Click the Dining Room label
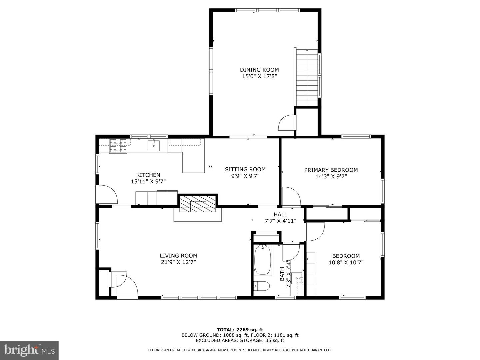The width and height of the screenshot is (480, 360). [x=259, y=70]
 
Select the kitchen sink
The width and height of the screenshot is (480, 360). [x=154, y=146]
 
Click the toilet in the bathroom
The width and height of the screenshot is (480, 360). [x=262, y=286]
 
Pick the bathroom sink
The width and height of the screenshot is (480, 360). [x=297, y=278]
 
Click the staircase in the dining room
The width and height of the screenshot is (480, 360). [x=307, y=77]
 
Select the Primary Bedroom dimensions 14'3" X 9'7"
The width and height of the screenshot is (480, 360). [x=331, y=176]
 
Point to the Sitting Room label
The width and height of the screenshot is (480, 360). [x=245, y=169]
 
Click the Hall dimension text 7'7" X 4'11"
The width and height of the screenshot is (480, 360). [x=280, y=221]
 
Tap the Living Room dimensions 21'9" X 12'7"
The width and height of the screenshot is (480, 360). [x=178, y=262]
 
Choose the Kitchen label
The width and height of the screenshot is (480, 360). [x=148, y=175]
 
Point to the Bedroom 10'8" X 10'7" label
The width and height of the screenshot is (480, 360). [x=346, y=259]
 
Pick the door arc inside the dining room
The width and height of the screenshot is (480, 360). [x=286, y=122]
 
